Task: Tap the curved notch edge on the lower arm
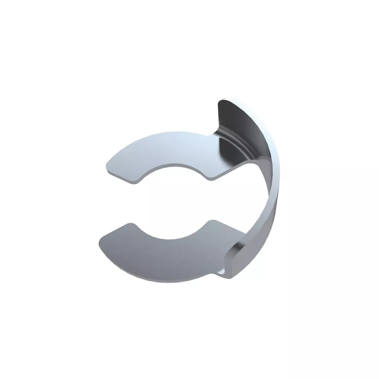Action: pyautogui.click(x=171, y=237)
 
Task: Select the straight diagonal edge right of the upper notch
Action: pyautogui.click(x=231, y=171)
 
